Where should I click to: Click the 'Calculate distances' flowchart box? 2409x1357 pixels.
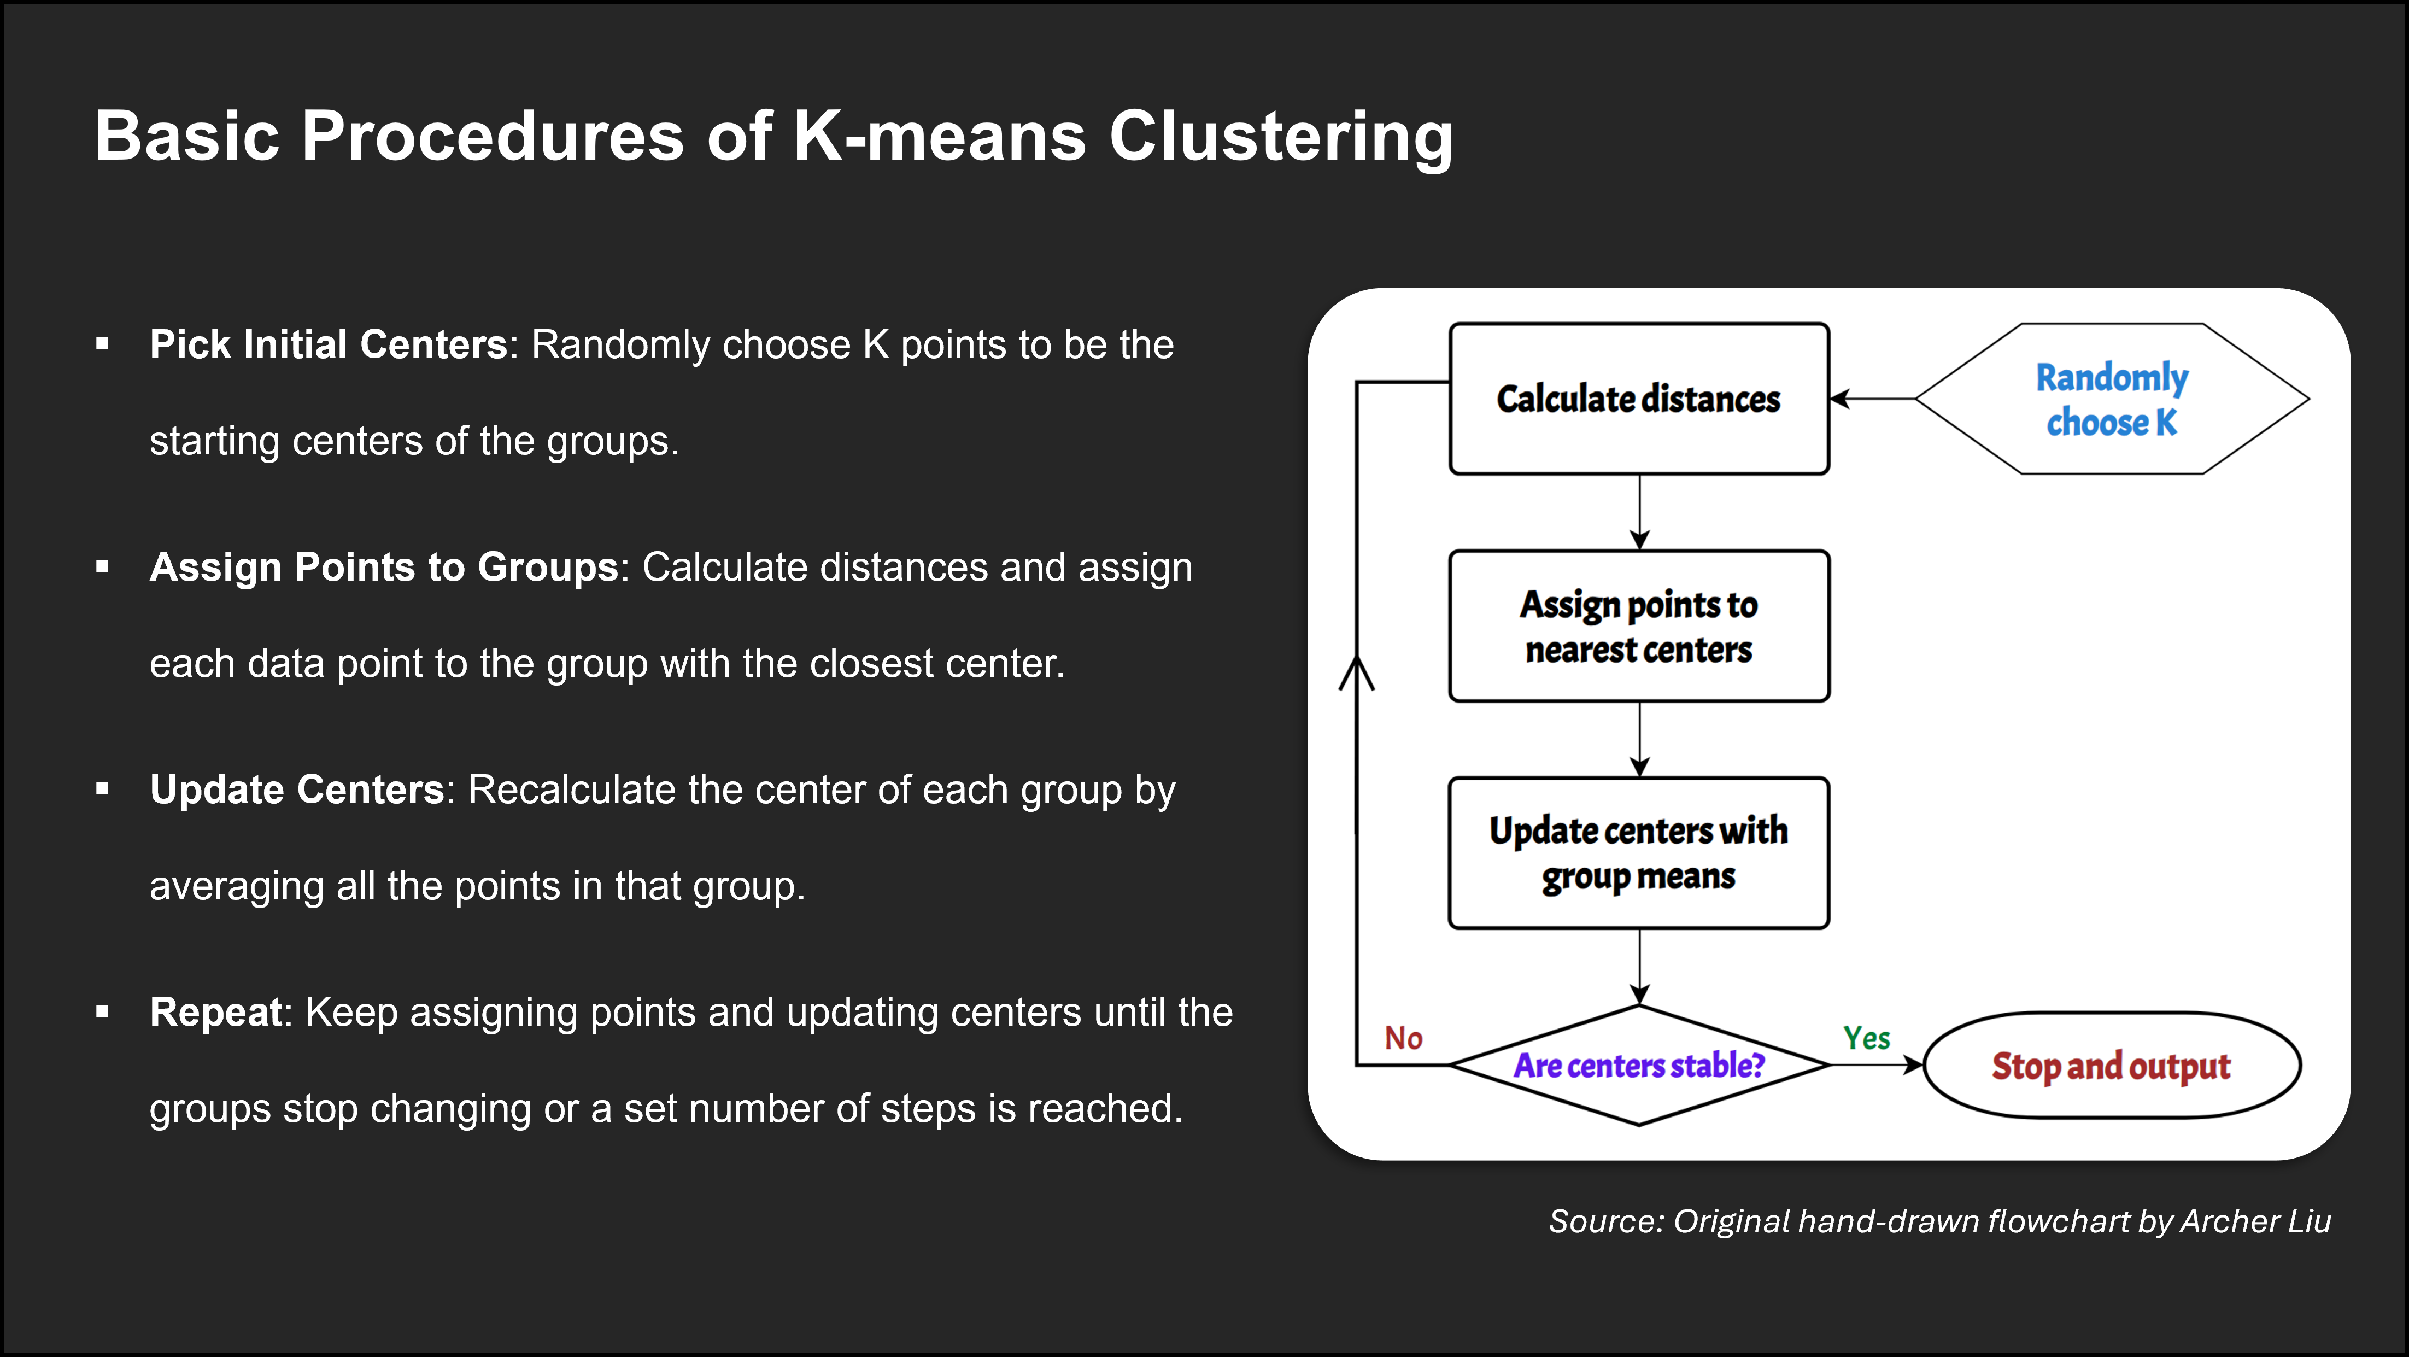1638,399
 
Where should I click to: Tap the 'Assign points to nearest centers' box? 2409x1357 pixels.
1638,625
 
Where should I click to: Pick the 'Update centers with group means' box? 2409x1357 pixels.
1638,853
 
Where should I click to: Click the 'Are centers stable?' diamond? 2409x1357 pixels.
1638,1064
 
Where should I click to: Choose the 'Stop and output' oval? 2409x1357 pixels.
2112,1064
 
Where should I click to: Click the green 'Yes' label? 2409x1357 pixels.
1867,1038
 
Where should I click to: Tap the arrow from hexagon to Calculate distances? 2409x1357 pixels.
1872,399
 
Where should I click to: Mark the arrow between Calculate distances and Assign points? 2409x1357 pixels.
1638,512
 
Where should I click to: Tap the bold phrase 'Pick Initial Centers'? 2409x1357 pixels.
328,344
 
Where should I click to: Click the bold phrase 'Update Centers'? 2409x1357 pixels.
296,789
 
